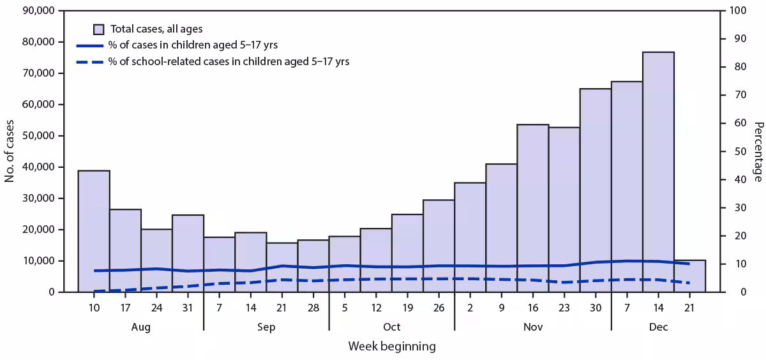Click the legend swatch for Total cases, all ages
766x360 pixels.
click(99, 29)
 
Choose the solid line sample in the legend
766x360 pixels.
click(89, 45)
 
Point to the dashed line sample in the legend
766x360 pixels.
click(89, 62)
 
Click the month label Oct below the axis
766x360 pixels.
click(391, 327)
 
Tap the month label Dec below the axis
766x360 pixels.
click(658, 327)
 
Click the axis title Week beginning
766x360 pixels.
click(391, 347)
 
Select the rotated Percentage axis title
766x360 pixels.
click(757, 151)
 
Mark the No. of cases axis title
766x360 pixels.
click(10, 151)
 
